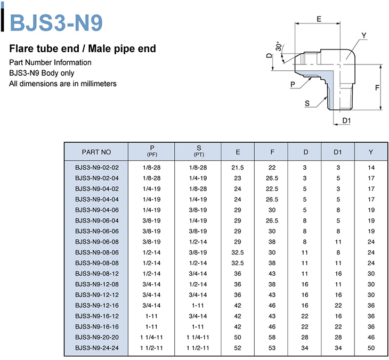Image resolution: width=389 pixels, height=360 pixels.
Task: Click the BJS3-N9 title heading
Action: click(56, 22)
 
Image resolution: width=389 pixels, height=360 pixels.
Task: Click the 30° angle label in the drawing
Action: click(279, 46)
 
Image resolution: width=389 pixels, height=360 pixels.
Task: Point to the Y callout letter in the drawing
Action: click(364, 36)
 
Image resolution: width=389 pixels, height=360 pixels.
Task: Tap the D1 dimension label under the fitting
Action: click(346, 120)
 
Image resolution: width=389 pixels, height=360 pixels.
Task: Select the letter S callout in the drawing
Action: click(307, 103)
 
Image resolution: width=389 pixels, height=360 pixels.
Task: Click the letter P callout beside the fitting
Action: click(293, 85)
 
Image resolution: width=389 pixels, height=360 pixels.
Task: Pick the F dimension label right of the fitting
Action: click(377, 87)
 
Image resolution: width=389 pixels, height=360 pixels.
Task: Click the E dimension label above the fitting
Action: click(319, 19)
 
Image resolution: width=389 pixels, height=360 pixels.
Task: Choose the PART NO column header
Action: click(96, 152)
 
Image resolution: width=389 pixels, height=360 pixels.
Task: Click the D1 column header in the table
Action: click(338, 152)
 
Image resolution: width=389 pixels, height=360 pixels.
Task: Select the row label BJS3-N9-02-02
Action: click(97, 168)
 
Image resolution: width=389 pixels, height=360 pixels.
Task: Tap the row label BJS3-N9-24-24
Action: click(97, 348)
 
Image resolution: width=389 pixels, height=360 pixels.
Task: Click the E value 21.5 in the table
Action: click(238, 168)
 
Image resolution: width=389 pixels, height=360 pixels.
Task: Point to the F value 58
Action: click(272, 337)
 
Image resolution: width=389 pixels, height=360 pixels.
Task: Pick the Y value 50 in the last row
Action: click(371, 348)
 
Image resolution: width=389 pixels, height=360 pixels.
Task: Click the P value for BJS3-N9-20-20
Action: click(151, 337)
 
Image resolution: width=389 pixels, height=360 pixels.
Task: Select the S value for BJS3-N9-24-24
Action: click(198, 348)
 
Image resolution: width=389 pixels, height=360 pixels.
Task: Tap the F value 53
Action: click(272, 348)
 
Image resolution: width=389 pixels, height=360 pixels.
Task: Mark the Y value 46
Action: click(371, 337)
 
